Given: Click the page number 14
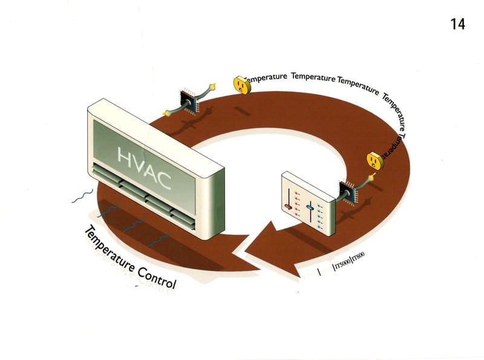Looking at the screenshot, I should pyautogui.click(x=457, y=24).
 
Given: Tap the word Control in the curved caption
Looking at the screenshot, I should pyautogui.click(x=154, y=275).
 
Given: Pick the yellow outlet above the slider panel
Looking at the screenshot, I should pyautogui.click(x=374, y=160).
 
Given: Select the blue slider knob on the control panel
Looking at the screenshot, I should pyautogui.click(x=310, y=208).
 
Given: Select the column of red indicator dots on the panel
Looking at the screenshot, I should pyautogui.click(x=296, y=203).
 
